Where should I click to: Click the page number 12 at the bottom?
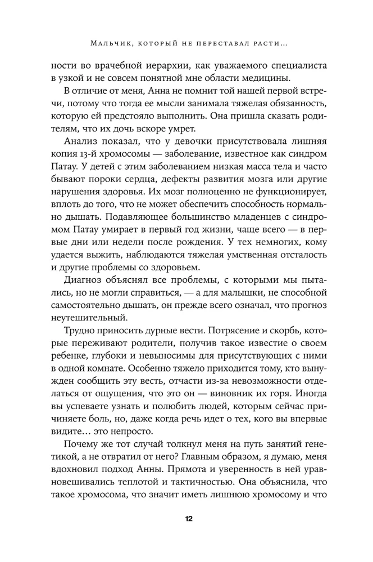(186, 518)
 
